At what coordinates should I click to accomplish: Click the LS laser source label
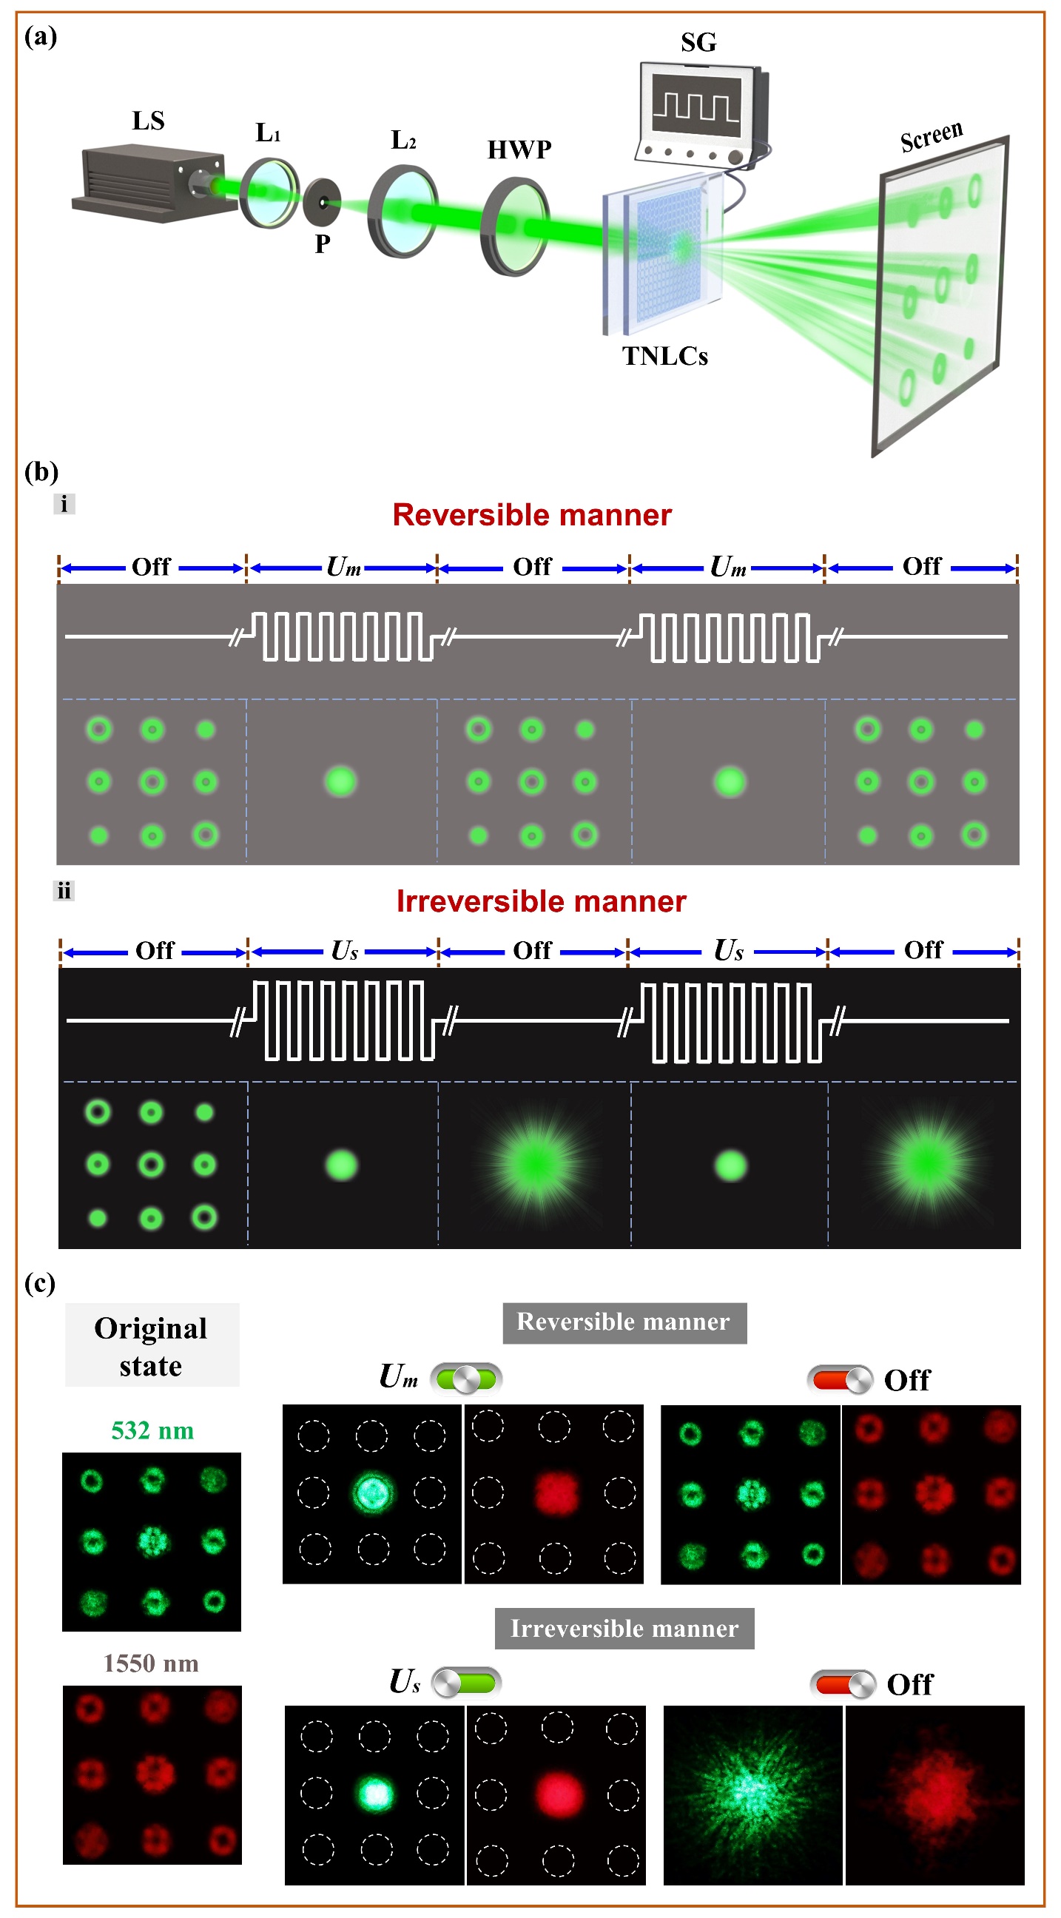(148, 121)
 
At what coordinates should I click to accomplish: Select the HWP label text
(519, 150)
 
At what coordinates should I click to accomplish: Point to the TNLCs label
(665, 357)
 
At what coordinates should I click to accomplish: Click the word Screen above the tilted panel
(931, 135)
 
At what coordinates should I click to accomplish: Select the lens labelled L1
(269, 193)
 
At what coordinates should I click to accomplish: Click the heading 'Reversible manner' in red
(532, 515)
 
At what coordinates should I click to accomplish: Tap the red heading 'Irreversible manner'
(541, 902)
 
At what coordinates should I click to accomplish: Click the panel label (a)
(41, 36)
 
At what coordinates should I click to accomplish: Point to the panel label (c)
(40, 1283)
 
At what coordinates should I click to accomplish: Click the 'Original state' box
(152, 1345)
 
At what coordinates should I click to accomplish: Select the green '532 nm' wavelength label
(152, 1430)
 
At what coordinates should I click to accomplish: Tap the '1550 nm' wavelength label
(151, 1663)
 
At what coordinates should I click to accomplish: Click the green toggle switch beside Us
(467, 1682)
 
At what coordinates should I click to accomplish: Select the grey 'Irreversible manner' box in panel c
(624, 1629)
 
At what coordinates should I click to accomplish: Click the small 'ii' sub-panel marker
(64, 890)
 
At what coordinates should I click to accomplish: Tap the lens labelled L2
(402, 212)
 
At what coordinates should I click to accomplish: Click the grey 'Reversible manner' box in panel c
(624, 1322)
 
